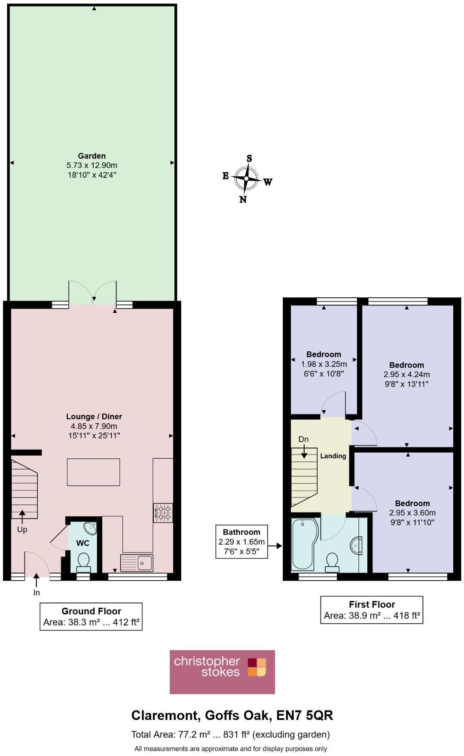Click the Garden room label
(92, 156)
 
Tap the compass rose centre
(246, 178)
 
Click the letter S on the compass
(249, 159)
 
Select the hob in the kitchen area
(163, 512)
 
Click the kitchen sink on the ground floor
(137, 563)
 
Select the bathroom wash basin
(356, 546)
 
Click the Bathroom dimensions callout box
(241, 542)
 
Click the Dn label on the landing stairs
(303, 439)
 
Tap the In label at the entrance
(37, 593)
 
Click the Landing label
(333, 456)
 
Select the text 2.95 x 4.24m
(406, 375)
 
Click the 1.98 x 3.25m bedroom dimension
(324, 364)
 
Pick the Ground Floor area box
(91, 616)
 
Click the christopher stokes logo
(222, 672)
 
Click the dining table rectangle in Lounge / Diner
(93, 472)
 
